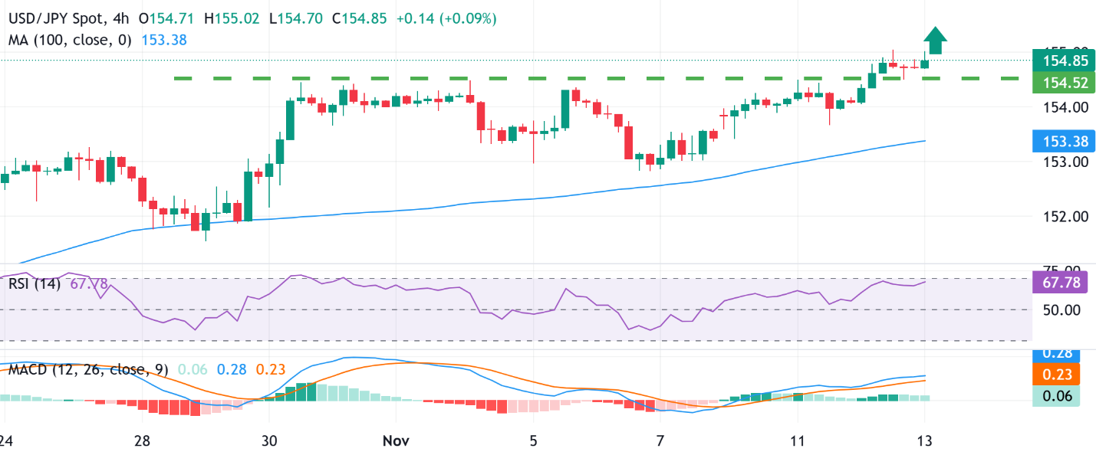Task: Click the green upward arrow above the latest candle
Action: coord(934,40)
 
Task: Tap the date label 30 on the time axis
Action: coord(268,442)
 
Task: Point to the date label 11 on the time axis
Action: coord(798,442)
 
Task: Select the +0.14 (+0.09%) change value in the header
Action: coord(446,17)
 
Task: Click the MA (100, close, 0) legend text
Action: coord(70,39)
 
